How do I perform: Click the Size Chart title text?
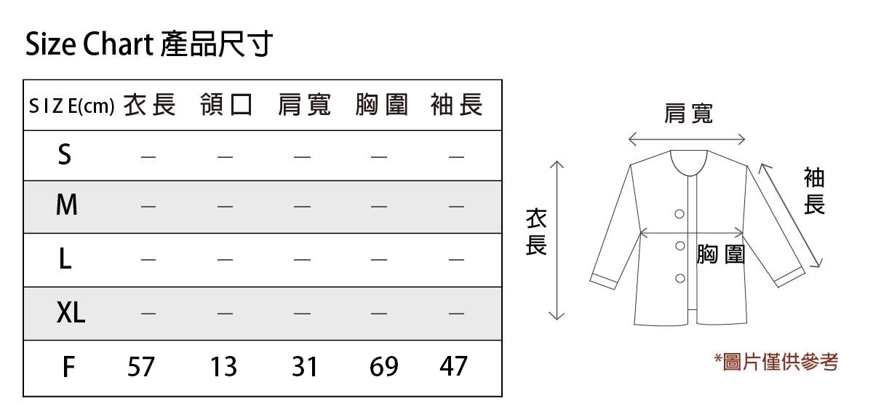click(x=149, y=44)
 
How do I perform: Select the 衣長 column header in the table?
click(x=150, y=105)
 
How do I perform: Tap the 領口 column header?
click(x=226, y=105)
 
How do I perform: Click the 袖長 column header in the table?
click(x=457, y=105)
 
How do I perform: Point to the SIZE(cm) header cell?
click(x=72, y=106)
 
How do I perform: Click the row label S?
click(x=65, y=154)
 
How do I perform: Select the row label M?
click(x=67, y=205)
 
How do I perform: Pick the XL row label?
click(x=71, y=312)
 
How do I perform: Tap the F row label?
click(x=68, y=367)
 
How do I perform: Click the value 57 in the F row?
click(x=141, y=367)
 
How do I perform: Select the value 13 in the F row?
click(x=223, y=367)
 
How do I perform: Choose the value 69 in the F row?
click(x=384, y=367)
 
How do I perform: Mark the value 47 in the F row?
click(x=453, y=366)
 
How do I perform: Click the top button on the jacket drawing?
click(x=679, y=214)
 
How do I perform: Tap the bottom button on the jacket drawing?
click(x=680, y=279)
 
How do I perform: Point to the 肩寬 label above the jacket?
click(x=689, y=114)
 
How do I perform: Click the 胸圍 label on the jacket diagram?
click(x=721, y=254)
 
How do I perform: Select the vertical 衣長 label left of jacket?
click(x=536, y=231)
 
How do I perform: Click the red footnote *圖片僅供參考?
click(x=776, y=362)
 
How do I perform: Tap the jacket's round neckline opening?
click(x=689, y=175)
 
